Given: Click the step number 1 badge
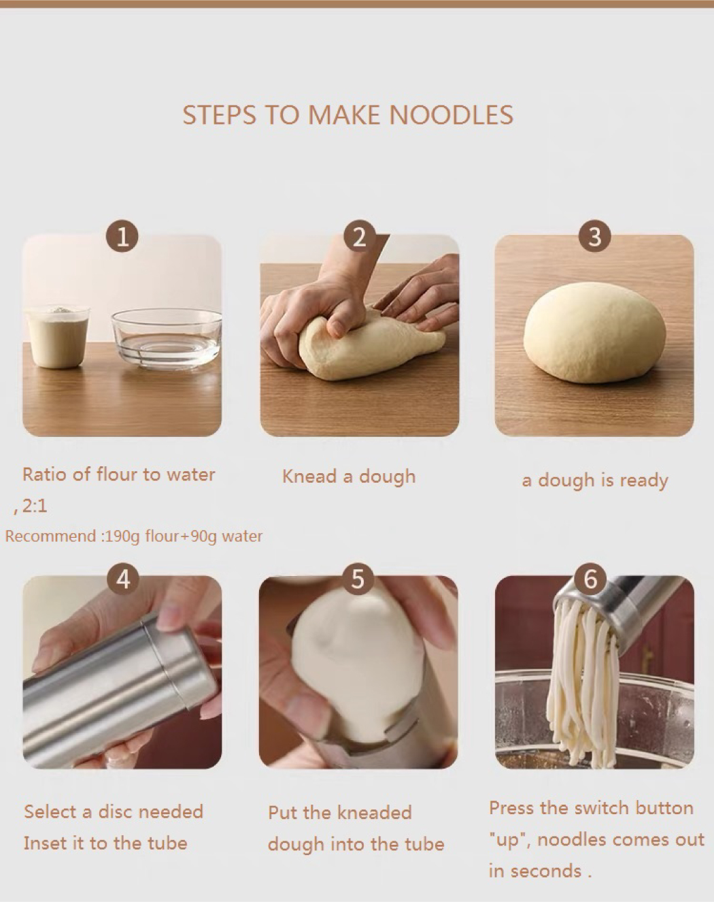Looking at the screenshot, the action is pos(122,237).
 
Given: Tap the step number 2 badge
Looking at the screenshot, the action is pos(359,237).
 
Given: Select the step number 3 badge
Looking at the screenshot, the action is pos(594,237).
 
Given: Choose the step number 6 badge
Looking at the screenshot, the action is pos(590,579).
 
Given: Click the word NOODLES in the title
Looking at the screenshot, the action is pos(452,115).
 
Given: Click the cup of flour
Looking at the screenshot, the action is pos(57,336).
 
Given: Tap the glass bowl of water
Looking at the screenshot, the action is pos(166,338).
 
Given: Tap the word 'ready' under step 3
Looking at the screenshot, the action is pos(644,481).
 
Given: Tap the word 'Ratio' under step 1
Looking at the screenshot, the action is pos(44,474).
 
